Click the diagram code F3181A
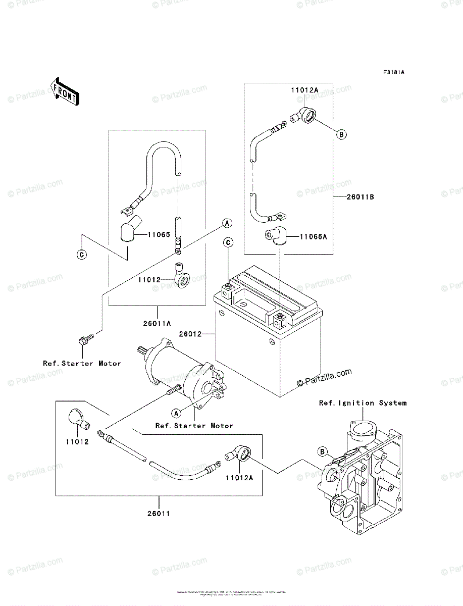393,72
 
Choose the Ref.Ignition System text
362,403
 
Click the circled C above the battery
228,243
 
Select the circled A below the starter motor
176,413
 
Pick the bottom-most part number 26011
158,514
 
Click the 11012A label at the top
304,90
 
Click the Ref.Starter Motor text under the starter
194,426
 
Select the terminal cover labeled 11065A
276,236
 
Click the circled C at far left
81,255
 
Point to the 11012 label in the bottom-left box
77,442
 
